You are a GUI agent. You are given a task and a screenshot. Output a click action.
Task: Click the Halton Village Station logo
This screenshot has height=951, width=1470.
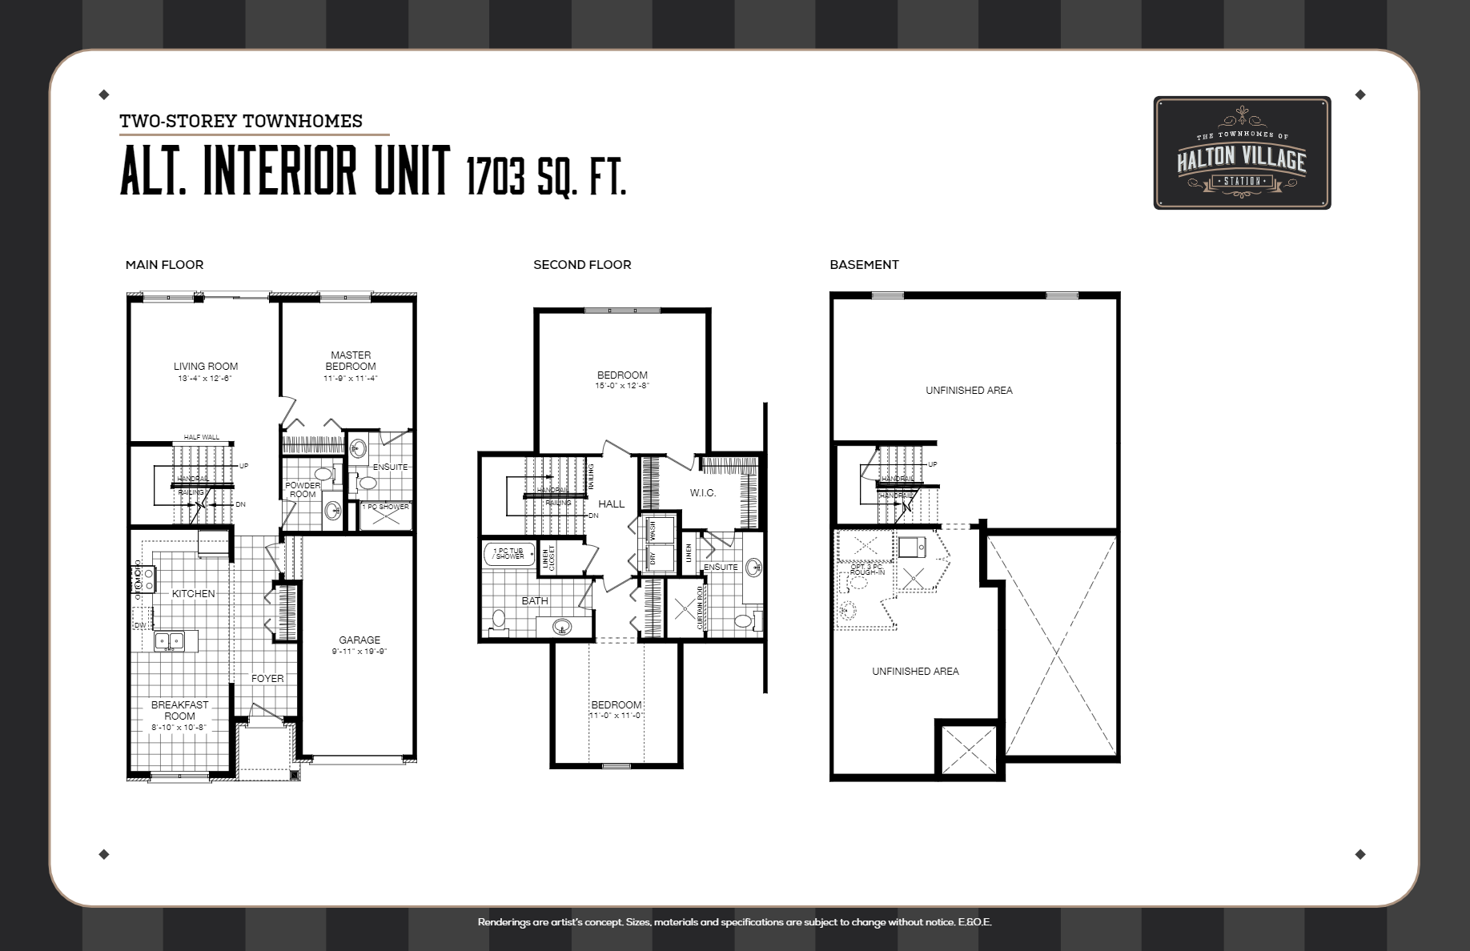pos(1241,154)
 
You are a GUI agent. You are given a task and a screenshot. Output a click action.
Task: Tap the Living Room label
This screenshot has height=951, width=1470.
pos(206,367)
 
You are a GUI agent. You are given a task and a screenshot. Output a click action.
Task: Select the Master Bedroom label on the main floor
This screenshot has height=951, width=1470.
pos(351,360)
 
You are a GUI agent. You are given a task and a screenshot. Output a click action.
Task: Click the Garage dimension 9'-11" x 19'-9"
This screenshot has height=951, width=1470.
pos(359,652)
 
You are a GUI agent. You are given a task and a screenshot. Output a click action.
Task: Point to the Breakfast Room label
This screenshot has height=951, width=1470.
pos(179,710)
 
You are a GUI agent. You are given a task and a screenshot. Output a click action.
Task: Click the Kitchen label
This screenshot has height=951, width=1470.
pos(194,593)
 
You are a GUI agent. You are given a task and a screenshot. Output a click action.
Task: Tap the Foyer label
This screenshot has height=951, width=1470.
pos(267,678)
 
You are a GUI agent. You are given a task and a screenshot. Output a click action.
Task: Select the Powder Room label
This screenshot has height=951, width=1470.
pos(303,490)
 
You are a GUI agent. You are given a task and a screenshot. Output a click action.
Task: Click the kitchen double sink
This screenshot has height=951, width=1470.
pos(169,640)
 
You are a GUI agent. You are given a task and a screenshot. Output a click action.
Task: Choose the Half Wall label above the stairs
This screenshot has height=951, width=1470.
pos(201,437)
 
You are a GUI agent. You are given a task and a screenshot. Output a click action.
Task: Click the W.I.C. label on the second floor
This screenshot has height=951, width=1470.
pos(703,493)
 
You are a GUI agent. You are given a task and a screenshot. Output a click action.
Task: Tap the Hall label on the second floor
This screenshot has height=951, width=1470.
pos(611,504)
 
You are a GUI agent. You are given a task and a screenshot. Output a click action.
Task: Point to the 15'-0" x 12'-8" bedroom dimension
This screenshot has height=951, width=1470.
pos(622,386)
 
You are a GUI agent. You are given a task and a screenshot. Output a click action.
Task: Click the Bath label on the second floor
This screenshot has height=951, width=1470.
pos(535,600)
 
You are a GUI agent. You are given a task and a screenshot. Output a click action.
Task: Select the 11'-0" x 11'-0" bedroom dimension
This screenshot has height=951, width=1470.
pos(617,716)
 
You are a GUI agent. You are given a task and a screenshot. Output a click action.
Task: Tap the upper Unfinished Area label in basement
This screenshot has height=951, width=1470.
pos(969,391)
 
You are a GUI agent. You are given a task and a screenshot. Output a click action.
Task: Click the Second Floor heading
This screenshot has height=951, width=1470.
pos(582,265)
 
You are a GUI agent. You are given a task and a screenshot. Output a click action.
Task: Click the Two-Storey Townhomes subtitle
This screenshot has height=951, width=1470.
pos(241,121)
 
